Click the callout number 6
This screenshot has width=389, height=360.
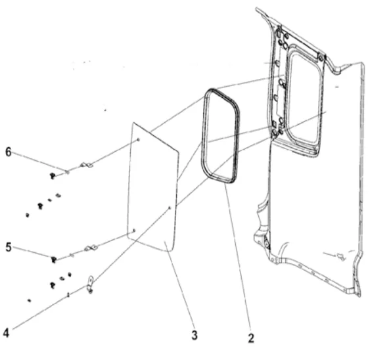(x=9, y=152)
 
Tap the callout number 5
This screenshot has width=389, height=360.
(x=9, y=247)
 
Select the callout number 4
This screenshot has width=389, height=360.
(x=6, y=333)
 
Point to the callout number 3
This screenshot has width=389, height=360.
(x=194, y=335)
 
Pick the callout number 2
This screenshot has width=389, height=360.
(x=251, y=338)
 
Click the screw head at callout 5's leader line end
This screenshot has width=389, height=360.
(x=54, y=259)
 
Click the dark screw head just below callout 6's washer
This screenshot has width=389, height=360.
(x=53, y=176)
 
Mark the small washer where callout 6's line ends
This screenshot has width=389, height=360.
(x=67, y=171)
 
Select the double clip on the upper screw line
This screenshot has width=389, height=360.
(x=86, y=165)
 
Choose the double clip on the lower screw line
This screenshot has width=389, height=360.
(x=91, y=248)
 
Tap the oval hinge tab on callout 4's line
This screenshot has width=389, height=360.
(x=90, y=284)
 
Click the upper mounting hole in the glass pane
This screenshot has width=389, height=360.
(x=139, y=140)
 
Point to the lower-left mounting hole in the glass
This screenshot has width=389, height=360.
(x=134, y=231)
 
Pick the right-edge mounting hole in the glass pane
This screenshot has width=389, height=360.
(x=170, y=208)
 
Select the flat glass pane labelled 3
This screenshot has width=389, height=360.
(x=152, y=189)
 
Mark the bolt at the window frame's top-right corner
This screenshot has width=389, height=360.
(x=321, y=58)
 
